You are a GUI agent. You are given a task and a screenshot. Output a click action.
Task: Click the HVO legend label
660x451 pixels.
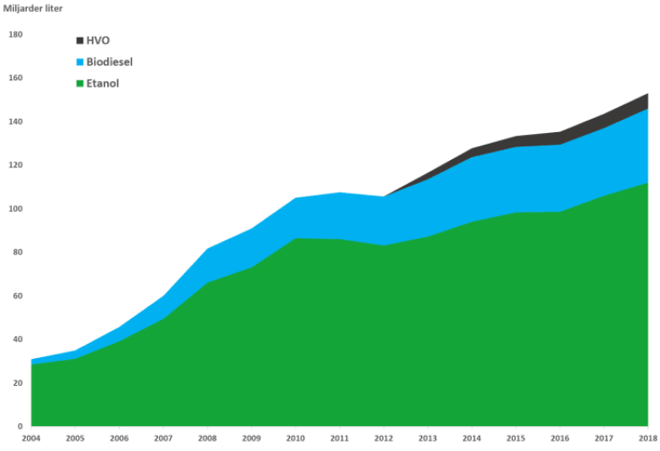pyautogui.click(x=98, y=40)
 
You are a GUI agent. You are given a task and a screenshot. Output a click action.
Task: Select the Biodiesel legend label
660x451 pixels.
pyautogui.click(x=110, y=62)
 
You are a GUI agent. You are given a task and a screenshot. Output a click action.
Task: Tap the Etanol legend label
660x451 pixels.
pyautogui.click(x=103, y=83)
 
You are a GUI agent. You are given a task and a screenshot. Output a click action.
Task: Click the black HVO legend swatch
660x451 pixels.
pyautogui.click(x=78, y=40)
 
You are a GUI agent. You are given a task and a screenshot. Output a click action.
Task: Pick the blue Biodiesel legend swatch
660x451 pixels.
pyautogui.click(x=78, y=62)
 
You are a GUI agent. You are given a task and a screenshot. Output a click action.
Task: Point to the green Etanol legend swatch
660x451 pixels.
pyautogui.click(x=78, y=83)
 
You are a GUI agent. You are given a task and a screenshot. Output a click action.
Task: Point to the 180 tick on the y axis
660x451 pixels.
pyautogui.click(x=15, y=35)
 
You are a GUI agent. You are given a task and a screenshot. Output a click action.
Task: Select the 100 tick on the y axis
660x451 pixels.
pyautogui.click(x=15, y=209)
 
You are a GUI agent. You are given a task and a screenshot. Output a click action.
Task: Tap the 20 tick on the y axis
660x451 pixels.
pyautogui.click(x=17, y=383)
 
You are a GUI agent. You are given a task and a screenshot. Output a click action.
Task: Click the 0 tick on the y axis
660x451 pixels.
pyautogui.click(x=20, y=427)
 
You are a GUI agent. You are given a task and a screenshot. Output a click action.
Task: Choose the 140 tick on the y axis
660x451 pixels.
pyautogui.click(x=15, y=121)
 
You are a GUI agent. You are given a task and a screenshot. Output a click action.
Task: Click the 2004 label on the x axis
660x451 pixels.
pyautogui.click(x=32, y=438)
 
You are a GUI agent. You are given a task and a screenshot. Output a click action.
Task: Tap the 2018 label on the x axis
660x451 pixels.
pyautogui.click(x=647, y=438)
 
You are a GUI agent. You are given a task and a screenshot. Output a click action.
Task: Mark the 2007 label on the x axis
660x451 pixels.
pyautogui.click(x=163, y=438)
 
